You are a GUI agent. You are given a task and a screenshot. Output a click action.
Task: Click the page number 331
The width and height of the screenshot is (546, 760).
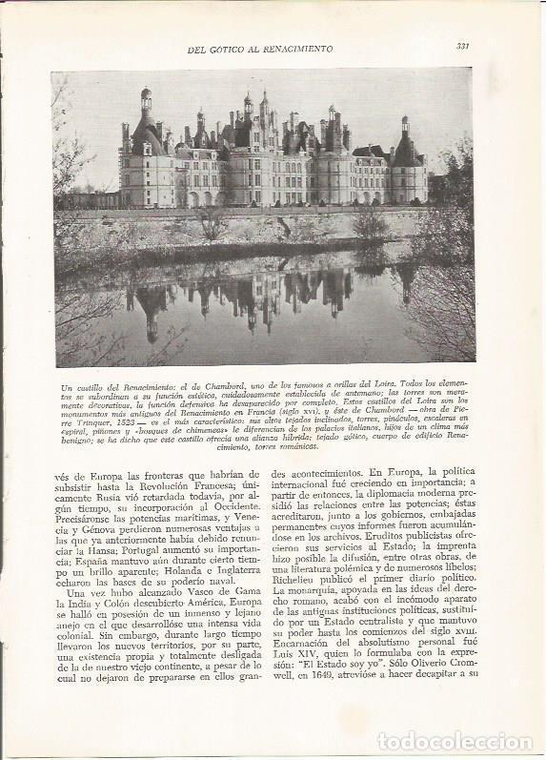462,45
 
